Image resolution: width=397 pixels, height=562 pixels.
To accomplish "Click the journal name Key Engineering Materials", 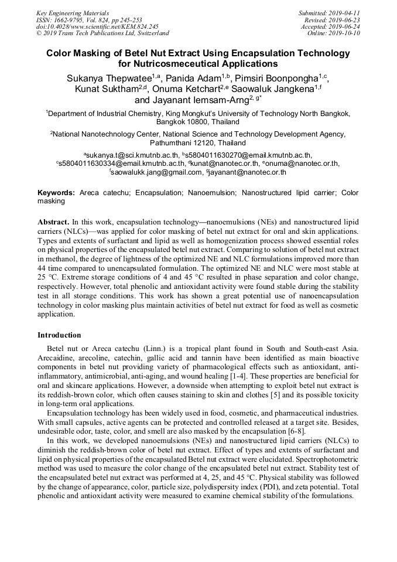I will click(x=72, y=13).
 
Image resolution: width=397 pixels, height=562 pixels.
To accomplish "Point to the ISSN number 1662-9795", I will click(x=70, y=20).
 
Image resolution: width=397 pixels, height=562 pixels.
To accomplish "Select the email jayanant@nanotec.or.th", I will click(x=247, y=172).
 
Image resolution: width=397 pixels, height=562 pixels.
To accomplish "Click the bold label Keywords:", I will click(x=56, y=192).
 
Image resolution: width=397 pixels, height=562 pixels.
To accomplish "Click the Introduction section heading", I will click(x=59, y=335).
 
